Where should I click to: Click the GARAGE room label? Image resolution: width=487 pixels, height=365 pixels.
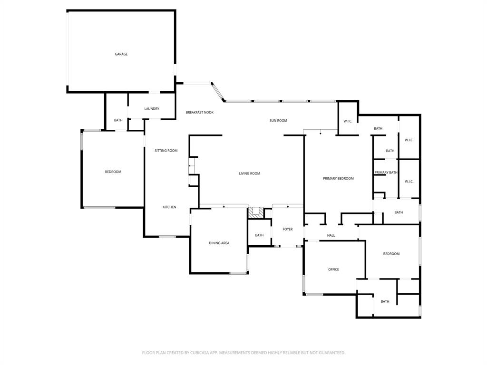pyautogui.click(x=121, y=54)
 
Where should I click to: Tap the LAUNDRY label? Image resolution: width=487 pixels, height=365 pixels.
pyautogui.click(x=152, y=109)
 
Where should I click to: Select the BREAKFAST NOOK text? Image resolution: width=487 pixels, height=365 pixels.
pyautogui.click(x=199, y=112)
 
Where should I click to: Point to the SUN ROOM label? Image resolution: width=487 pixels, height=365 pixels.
pyautogui.click(x=278, y=121)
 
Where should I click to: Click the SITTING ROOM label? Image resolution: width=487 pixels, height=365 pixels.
pyautogui.click(x=166, y=151)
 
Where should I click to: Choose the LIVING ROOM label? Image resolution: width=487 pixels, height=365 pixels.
pyautogui.click(x=249, y=173)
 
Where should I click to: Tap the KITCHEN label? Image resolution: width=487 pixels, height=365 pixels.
pyautogui.click(x=169, y=207)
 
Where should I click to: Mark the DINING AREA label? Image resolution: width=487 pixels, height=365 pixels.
pyautogui.click(x=219, y=243)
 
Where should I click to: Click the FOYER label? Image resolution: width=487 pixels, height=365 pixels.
pyautogui.click(x=288, y=229)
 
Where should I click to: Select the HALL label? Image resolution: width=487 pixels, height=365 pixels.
pyautogui.click(x=331, y=235)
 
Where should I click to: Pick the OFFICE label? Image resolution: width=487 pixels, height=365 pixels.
pyautogui.click(x=333, y=269)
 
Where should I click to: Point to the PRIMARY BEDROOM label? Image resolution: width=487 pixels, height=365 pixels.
pyautogui.click(x=338, y=179)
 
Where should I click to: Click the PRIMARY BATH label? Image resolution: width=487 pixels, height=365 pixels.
pyautogui.click(x=386, y=173)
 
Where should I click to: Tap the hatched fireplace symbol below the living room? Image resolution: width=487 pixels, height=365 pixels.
pyautogui.click(x=257, y=212)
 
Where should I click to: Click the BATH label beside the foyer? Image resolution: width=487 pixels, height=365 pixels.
pyautogui.click(x=259, y=235)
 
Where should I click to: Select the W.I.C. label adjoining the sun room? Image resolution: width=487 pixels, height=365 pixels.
pyautogui.click(x=348, y=121)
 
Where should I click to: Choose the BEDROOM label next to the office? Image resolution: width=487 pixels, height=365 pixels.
pyautogui.click(x=391, y=254)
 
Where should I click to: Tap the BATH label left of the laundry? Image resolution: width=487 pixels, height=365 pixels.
pyautogui.click(x=118, y=120)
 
